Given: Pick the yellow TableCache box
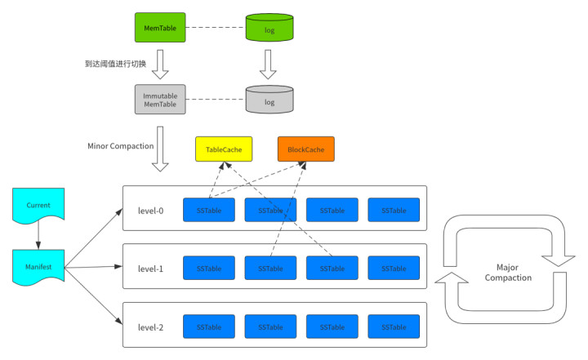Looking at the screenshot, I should (224, 149).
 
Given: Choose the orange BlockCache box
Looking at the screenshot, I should (305, 149).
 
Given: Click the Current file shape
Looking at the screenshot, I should (38, 206).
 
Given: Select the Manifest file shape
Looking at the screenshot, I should (38, 266).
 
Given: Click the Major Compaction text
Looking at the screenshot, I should (507, 273).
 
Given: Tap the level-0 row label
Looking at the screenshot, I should (150, 211).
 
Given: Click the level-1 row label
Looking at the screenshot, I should (150, 269).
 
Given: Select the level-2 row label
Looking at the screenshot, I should (150, 327).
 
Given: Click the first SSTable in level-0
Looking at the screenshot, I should (208, 210).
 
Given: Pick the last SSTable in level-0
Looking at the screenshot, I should (393, 210).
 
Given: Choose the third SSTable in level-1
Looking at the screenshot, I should (332, 269).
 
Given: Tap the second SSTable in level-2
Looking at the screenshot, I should (270, 327).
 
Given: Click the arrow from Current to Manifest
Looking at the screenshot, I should (38, 237).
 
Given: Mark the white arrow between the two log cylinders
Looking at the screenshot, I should (269, 63).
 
